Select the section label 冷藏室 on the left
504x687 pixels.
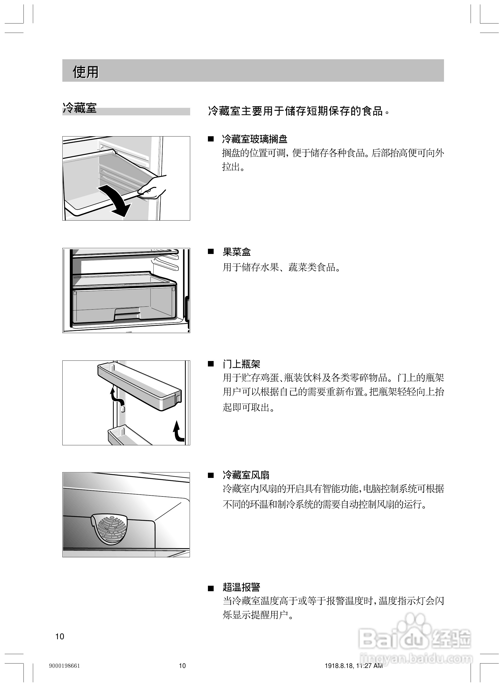[x=80, y=108]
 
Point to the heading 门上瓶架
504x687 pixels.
[x=241, y=364]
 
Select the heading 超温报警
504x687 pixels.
[x=241, y=587]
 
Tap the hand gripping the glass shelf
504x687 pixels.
[x=153, y=188]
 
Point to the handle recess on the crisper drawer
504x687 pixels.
[x=127, y=313]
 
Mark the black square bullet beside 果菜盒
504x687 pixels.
[x=211, y=252]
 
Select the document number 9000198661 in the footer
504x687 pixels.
[x=64, y=666]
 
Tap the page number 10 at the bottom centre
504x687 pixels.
[x=182, y=666]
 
